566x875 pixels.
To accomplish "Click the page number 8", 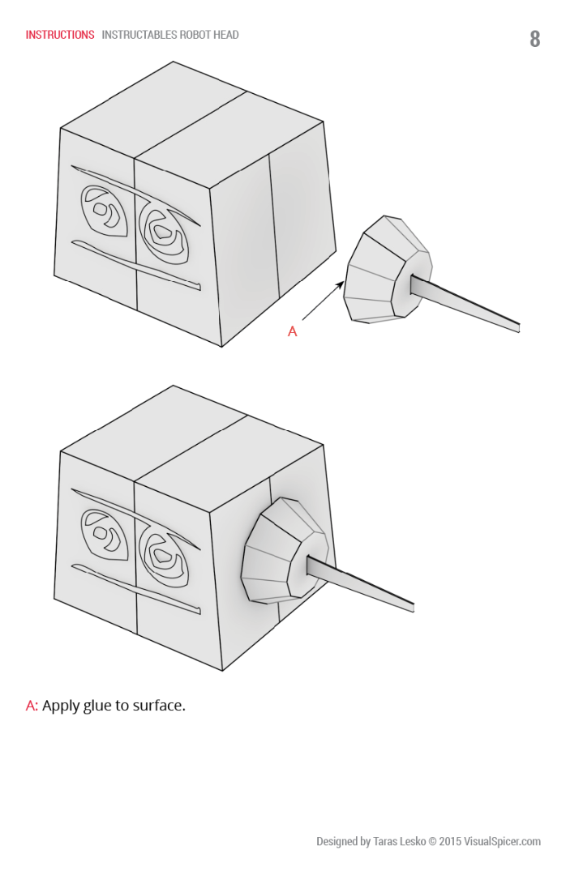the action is click(x=534, y=39).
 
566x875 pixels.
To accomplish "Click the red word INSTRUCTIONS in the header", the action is click(x=60, y=35).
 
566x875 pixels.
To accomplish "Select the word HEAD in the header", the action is click(x=226, y=35).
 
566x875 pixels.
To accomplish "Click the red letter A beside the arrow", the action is click(x=292, y=331).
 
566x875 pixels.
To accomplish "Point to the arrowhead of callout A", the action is click(x=341, y=284).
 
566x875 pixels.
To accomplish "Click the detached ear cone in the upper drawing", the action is click(x=388, y=269).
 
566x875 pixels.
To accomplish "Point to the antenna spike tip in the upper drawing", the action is click(x=518, y=328).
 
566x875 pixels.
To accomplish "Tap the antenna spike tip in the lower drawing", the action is click(x=413, y=608).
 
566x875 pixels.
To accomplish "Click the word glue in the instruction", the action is click(x=98, y=706).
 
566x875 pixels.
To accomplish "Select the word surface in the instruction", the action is click(x=159, y=706).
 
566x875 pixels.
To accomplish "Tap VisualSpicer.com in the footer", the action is click(x=502, y=841).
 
